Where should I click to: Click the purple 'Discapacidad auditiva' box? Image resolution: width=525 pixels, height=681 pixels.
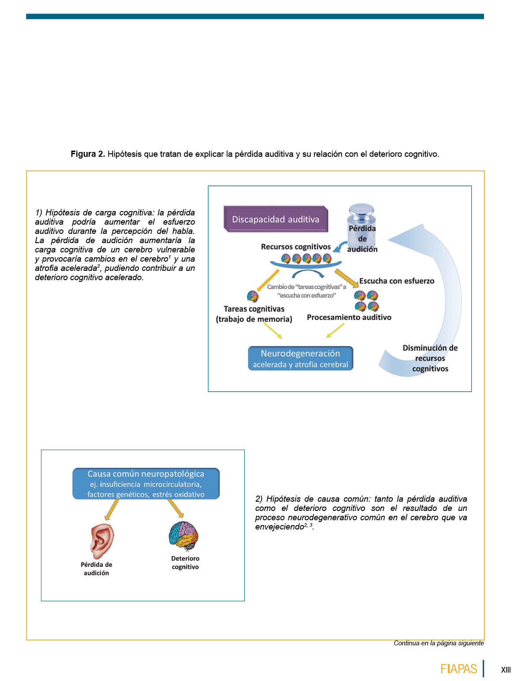pyautogui.click(x=276, y=219)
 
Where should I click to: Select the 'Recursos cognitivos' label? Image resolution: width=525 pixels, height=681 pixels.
pyautogui.click(x=295, y=247)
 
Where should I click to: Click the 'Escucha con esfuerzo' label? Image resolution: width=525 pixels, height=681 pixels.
pyautogui.click(x=396, y=281)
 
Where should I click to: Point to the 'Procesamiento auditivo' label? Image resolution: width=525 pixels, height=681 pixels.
pyautogui.click(x=349, y=317)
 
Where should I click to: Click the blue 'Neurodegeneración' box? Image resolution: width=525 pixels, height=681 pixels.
pyautogui.click(x=300, y=358)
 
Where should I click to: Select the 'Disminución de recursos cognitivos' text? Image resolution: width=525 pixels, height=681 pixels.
pyautogui.click(x=430, y=358)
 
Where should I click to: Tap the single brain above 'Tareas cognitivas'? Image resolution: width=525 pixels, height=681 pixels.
pyautogui.click(x=253, y=296)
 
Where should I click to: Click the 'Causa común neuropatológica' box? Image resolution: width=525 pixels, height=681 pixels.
pyautogui.click(x=146, y=484)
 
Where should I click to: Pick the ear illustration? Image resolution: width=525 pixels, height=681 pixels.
pyautogui.click(x=102, y=541)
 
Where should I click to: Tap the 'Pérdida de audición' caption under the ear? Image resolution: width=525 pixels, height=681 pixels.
pyautogui.click(x=96, y=569)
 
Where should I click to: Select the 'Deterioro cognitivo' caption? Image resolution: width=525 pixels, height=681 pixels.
pyautogui.click(x=185, y=563)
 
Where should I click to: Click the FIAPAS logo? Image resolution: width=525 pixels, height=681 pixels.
pyautogui.click(x=458, y=669)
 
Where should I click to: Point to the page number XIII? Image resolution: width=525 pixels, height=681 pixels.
pyautogui.click(x=506, y=670)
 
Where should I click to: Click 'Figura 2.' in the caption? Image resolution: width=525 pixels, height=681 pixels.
pyautogui.click(x=88, y=154)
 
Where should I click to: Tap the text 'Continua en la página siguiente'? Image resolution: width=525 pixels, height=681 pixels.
pyautogui.click(x=439, y=643)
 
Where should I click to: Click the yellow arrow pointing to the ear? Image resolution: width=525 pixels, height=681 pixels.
pyautogui.click(x=111, y=510)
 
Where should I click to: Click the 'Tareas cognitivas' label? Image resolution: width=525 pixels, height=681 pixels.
pyautogui.click(x=254, y=309)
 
